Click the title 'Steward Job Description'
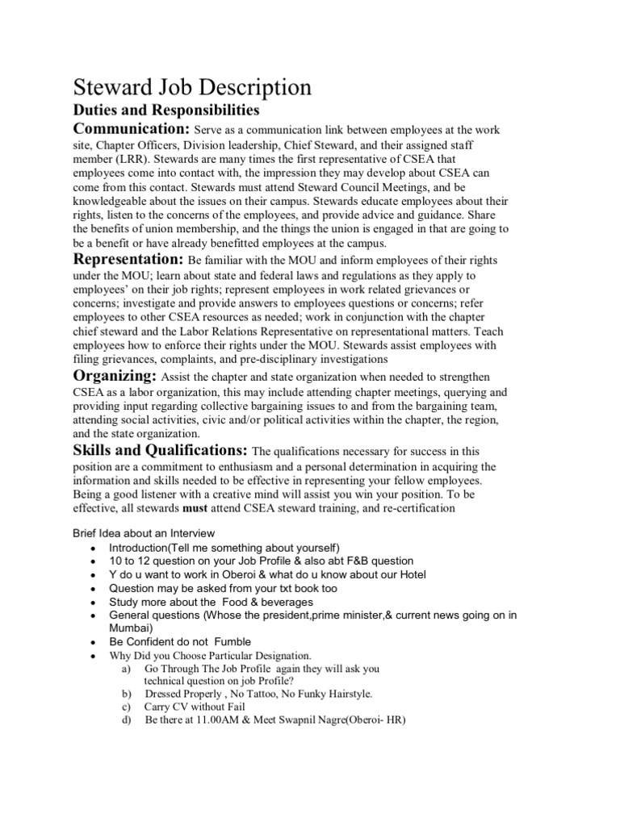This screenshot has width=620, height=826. click(193, 86)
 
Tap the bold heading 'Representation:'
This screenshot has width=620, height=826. click(129, 260)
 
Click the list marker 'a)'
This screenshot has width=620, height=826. click(125, 669)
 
